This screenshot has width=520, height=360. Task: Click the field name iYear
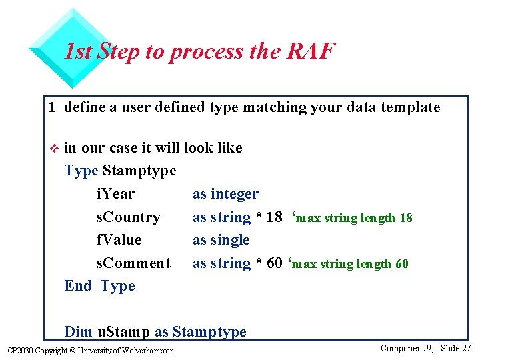click(115, 194)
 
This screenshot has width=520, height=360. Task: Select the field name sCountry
click(128, 217)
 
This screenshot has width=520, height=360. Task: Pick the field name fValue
click(119, 240)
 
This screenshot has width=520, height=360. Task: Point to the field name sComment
click(133, 263)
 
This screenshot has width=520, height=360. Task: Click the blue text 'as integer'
click(225, 194)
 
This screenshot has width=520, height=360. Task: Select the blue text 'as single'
click(221, 240)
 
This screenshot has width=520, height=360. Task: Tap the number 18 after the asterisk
click(274, 217)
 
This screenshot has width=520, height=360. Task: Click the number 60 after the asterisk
click(274, 263)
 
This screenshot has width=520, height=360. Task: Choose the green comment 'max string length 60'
click(351, 264)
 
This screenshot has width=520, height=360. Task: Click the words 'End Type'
click(99, 286)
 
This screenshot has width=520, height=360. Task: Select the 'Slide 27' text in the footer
click(456, 348)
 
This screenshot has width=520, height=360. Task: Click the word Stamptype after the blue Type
click(139, 171)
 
